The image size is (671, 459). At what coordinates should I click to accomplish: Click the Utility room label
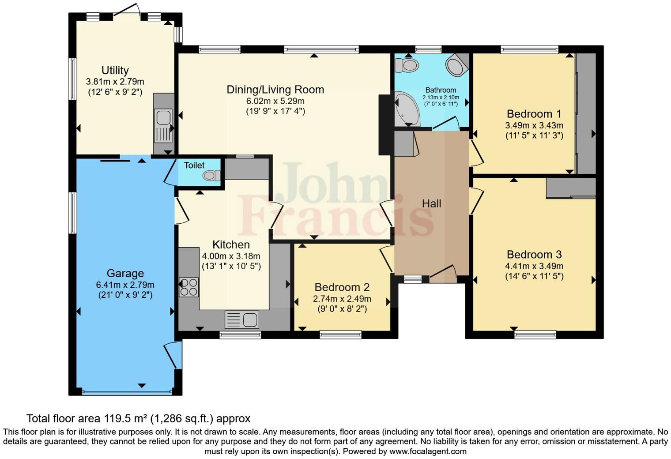click(x=115, y=70)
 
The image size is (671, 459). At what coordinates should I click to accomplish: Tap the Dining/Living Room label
click(x=275, y=90)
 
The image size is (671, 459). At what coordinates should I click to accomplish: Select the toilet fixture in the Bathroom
click(x=407, y=66)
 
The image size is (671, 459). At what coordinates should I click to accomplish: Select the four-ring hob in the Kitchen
click(x=188, y=287)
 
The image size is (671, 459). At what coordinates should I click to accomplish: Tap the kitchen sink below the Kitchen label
click(x=242, y=320)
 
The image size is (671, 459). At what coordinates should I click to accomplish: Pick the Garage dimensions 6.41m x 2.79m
click(x=125, y=285)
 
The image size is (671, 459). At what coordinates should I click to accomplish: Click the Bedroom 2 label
click(x=342, y=287)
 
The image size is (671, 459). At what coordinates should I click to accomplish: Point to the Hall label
click(x=431, y=203)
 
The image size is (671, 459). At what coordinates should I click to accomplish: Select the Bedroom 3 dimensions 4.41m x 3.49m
click(x=534, y=266)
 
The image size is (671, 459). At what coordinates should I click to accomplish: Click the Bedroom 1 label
click(x=534, y=114)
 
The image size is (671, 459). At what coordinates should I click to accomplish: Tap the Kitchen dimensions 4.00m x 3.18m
click(x=231, y=256)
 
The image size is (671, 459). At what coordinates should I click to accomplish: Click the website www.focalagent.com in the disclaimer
click(x=427, y=451)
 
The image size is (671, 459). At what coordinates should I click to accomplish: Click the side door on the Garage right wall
click(x=174, y=355)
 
